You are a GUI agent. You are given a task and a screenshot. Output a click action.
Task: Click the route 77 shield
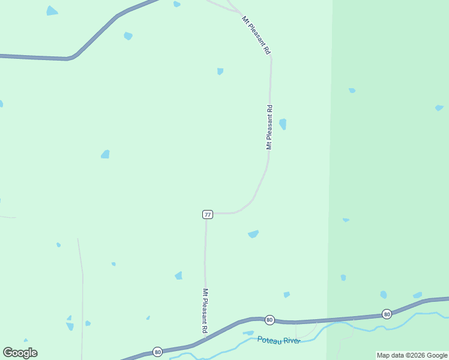click(x=208, y=214)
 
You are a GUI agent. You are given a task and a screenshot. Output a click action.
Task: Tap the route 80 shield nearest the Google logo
click(x=157, y=352)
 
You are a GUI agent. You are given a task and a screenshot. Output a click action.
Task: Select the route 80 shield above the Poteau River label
click(x=270, y=320)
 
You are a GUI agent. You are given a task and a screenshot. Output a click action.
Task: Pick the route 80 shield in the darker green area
click(x=387, y=314)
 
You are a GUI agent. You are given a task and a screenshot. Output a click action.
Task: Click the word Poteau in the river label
click(x=269, y=340)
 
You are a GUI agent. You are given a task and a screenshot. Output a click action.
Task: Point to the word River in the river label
click(x=291, y=341)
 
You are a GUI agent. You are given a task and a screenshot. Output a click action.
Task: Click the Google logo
click(x=20, y=353)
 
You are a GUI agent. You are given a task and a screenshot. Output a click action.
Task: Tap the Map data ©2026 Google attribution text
click(x=412, y=355)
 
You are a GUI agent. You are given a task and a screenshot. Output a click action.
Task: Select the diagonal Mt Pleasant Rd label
click(x=256, y=36)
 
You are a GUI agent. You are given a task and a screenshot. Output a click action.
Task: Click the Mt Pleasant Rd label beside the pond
click(x=270, y=127)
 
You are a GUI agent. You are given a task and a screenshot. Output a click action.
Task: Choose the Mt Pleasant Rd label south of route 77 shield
click(x=205, y=311)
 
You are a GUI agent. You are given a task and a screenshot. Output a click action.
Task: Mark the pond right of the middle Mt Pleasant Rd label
click(x=283, y=124)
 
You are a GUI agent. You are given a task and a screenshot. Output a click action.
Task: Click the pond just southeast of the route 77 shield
click(x=253, y=234)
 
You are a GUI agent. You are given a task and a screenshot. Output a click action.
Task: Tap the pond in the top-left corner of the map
click(x=52, y=11)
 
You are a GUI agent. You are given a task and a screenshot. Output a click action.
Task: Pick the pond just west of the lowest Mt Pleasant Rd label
click(x=178, y=275)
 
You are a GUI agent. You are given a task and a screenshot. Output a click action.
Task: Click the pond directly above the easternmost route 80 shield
click(x=383, y=295)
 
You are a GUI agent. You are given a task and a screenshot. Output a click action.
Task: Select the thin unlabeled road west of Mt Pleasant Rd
click(x=82, y=288)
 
